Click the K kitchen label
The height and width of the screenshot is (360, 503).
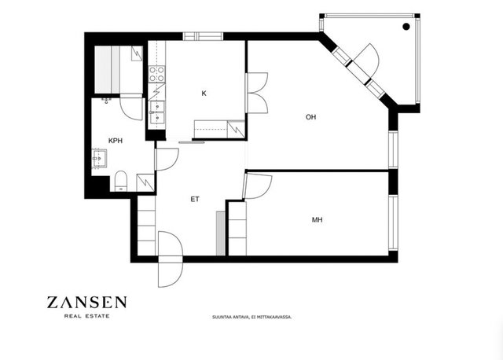coord(204,94)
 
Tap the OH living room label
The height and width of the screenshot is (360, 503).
coord(310,117)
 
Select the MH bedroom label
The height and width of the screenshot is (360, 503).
coord(317,220)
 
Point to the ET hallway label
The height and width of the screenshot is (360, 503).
coord(195,199)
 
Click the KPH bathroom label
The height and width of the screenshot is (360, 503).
coord(116,141)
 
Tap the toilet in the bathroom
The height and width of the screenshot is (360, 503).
coord(121,181)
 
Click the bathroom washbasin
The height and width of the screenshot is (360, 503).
coord(99,158)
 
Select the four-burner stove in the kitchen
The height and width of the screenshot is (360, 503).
coord(157,74)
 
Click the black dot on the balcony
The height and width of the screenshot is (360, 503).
coord(406,27)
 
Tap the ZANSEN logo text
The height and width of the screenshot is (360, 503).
coord(87,303)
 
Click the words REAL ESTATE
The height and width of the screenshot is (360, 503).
coord(87,316)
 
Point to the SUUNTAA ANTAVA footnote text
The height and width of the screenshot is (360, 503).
coord(251,317)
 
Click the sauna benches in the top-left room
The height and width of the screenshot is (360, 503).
coord(107,70)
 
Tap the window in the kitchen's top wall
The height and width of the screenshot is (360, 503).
coord(203,36)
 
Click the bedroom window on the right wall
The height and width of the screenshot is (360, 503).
coord(393,222)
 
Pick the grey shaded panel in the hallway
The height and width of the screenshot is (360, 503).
coord(221,233)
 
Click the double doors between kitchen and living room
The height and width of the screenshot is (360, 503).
coord(257,93)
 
